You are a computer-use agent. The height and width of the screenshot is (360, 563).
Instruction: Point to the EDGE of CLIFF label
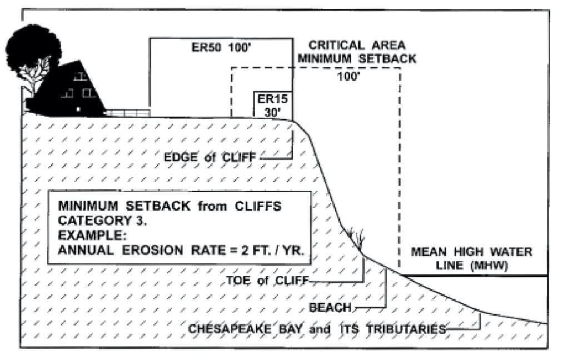pyautogui.click(x=210, y=158)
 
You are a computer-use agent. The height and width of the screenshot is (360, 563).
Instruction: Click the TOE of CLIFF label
pyautogui.click(x=267, y=281)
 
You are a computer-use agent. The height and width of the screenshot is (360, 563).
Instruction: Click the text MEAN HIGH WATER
pyautogui.click(x=471, y=252)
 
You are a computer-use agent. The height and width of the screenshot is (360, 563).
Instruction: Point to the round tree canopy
pyautogui.click(x=33, y=47)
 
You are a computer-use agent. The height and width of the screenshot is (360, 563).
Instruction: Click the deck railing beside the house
pyautogui.click(x=128, y=112)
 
